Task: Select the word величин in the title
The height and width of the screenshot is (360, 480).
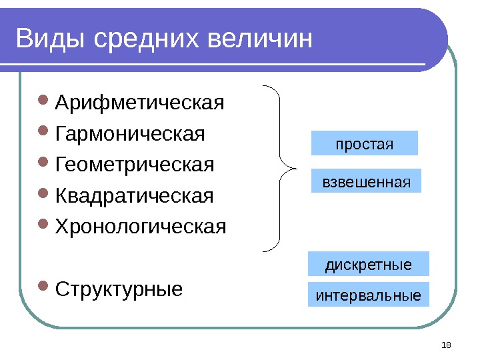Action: [x=261, y=39]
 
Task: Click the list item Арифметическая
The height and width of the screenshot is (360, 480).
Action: [x=140, y=104]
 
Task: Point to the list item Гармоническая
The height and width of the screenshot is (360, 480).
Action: [x=131, y=134]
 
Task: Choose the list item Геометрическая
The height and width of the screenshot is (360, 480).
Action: [x=135, y=164]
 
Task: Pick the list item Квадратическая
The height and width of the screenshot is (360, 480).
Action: [x=135, y=196]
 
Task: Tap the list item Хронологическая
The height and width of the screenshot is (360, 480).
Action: [x=141, y=226]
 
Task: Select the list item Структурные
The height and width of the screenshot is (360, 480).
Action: [x=119, y=290]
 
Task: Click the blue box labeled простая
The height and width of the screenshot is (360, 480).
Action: [x=365, y=143]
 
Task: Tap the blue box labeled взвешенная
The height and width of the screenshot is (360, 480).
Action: [x=367, y=181]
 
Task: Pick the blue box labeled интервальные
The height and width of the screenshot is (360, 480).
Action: [x=368, y=294]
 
